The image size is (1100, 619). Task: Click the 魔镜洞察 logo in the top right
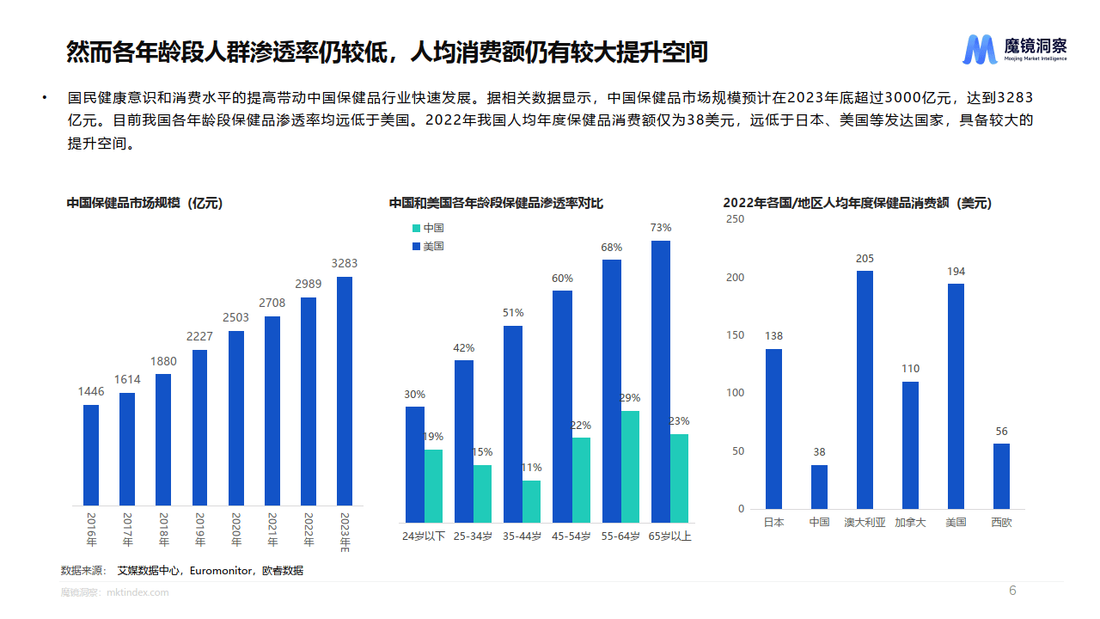coord(1014,50)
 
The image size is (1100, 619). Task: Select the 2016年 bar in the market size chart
coord(91,455)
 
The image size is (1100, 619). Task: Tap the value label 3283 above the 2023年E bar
coord(345,263)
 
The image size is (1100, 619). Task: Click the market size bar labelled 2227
coord(199,427)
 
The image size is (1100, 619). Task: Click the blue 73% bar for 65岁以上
coord(660,382)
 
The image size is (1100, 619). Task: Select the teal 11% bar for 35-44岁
coord(532,501)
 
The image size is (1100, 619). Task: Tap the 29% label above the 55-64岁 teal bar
coord(630,398)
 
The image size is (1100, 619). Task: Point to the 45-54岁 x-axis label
coord(571,536)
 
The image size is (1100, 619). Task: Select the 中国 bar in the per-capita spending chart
coord(819,487)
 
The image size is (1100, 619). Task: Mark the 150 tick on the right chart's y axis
coord(735,335)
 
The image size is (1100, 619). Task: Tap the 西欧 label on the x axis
coord(1001,522)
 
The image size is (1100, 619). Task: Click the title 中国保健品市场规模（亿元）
coord(144,203)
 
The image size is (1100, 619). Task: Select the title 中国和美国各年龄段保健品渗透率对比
coord(496,203)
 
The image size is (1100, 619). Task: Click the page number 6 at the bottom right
coord(1012,591)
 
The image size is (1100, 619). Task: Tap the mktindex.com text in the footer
coord(137,592)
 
